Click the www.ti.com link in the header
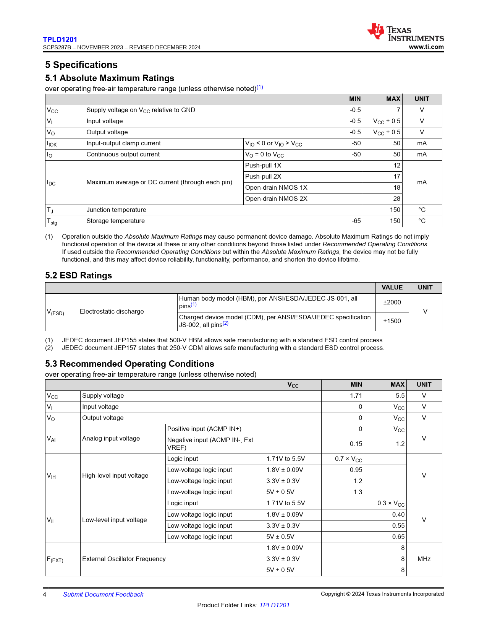(426, 47)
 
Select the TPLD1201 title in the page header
(60, 39)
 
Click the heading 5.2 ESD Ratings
(78, 275)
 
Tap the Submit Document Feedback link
(103, 594)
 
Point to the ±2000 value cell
(392, 302)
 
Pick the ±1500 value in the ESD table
(392, 321)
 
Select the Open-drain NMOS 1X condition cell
(276, 188)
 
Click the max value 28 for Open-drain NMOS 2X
(396, 199)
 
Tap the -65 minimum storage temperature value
(356, 221)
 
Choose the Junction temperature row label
(116, 210)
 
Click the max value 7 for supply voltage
(398, 110)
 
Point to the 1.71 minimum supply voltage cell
(356, 396)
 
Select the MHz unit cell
(424, 559)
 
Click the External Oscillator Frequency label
(124, 559)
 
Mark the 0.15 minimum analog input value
(356, 444)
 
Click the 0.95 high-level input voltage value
(356, 470)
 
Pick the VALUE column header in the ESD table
(392, 288)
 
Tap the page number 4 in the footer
(45, 594)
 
